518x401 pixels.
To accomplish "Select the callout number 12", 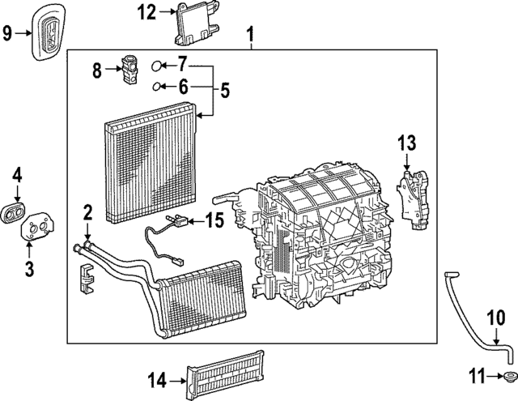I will [146, 11].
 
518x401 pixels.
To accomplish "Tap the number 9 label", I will [7, 32].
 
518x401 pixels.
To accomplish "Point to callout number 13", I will [406, 144].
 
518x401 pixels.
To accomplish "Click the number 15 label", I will [214, 219].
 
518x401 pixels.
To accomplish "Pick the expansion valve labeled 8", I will [129, 68].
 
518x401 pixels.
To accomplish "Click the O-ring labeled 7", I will [159, 66].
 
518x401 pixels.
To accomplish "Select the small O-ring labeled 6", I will [159, 86].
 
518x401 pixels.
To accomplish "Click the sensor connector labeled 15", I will [178, 220].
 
